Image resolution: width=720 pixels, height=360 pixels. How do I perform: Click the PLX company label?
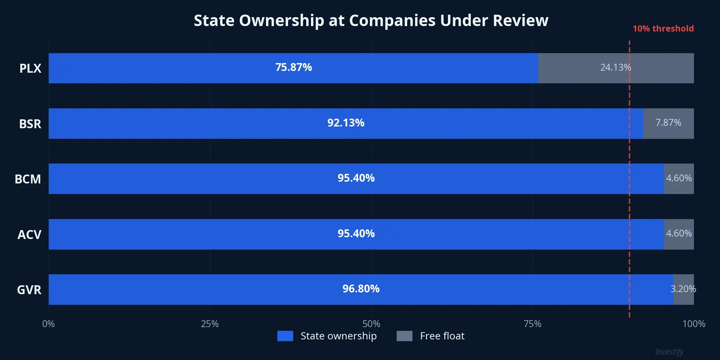(x=30, y=68)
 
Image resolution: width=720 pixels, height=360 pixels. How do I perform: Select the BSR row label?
(x=30, y=124)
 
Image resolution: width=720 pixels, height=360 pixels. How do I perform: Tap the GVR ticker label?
(x=29, y=290)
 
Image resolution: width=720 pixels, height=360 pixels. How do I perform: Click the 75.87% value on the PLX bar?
(x=293, y=67)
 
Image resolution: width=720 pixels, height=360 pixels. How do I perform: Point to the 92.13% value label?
(x=346, y=123)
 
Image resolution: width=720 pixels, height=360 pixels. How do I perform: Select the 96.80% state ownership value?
(x=361, y=289)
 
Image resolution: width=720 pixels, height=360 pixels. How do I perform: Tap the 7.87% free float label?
(x=668, y=123)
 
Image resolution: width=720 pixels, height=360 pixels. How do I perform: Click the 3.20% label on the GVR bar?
(x=683, y=289)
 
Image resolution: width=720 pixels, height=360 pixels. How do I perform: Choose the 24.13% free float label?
(x=615, y=67)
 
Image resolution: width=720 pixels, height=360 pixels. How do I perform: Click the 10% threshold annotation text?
(x=663, y=28)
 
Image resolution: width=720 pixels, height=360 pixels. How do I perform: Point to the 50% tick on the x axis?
(x=371, y=324)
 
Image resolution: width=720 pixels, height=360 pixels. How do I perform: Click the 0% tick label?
(x=48, y=324)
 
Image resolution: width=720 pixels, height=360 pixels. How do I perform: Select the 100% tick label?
(x=694, y=324)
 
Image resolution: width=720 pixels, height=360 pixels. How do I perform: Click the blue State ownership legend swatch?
(x=285, y=336)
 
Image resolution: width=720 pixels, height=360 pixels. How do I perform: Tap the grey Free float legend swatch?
(x=404, y=336)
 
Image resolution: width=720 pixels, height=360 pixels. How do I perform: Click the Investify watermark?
(x=669, y=352)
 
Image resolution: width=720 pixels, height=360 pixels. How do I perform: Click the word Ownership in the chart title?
(x=281, y=21)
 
